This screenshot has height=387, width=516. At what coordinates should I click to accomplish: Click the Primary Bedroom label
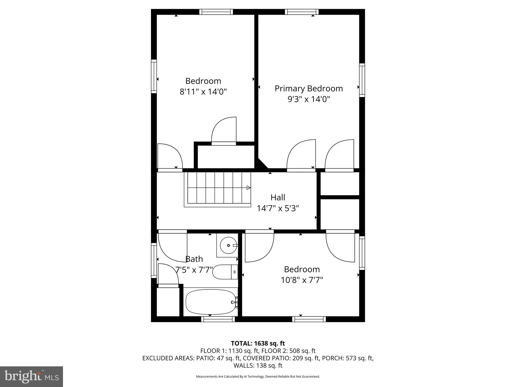pyautogui.click(x=309, y=89)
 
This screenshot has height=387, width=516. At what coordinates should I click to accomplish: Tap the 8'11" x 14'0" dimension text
pyautogui.click(x=203, y=92)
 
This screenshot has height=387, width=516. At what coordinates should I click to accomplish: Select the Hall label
pyautogui.click(x=278, y=197)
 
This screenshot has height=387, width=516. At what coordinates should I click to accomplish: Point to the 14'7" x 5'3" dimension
pyautogui.click(x=278, y=208)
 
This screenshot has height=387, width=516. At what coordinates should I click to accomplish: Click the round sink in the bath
pyautogui.click(x=228, y=245)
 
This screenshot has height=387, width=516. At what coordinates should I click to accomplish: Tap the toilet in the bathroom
pyautogui.click(x=225, y=272)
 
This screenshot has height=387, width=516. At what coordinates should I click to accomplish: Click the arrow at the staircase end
pyautogui.click(x=248, y=188)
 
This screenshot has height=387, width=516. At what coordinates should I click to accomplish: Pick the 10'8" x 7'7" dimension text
pyautogui.click(x=302, y=280)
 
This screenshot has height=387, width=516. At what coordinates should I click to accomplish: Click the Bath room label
pyautogui.click(x=194, y=259)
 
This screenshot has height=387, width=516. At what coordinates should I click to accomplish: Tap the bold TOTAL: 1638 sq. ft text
pyautogui.click(x=258, y=343)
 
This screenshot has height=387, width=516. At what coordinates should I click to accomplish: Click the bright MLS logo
pyautogui.click(x=31, y=377)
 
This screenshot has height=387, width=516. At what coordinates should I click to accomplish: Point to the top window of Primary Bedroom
pyautogui.click(x=302, y=12)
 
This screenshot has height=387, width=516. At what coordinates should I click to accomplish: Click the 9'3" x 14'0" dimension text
pyautogui.click(x=309, y=99)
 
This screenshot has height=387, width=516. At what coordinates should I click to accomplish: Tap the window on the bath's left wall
pyautogui.click(x=154, y=260)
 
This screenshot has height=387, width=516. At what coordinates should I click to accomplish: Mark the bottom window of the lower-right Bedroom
pyautogui.click(x=309, y=319)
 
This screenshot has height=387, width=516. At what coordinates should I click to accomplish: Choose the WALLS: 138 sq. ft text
pyautogui.click(x=258, y=365)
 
